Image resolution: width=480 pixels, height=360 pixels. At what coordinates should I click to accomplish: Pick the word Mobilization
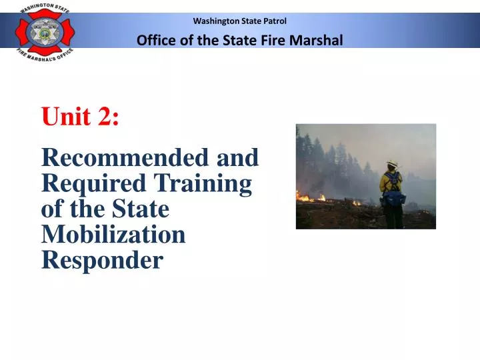click(x=113, y=234)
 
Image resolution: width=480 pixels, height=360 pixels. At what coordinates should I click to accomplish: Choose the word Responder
click(x=101, y=259)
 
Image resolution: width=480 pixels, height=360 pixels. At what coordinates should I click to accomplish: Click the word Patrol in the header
click(x=274, y=21)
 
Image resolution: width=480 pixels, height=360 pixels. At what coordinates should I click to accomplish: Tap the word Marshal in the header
click(x=317, y=40)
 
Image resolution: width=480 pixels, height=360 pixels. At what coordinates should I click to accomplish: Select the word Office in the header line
click(x=154, y=40)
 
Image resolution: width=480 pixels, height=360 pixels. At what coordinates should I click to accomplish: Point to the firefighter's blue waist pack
click(x=393, y=199)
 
